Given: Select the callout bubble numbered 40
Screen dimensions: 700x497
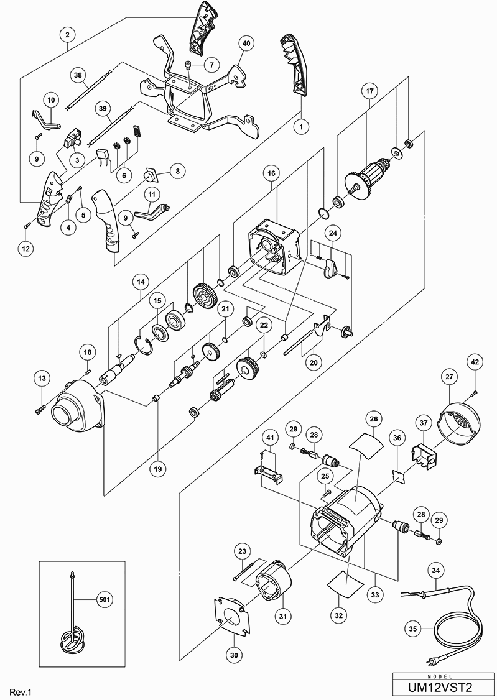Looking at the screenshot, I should pos(246,44).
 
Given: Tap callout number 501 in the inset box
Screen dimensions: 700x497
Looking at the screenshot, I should pos(105,600).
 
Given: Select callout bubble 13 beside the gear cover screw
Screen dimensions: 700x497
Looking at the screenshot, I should pos(42,378).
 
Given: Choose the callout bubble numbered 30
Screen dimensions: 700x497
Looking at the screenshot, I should pos(236,637).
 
